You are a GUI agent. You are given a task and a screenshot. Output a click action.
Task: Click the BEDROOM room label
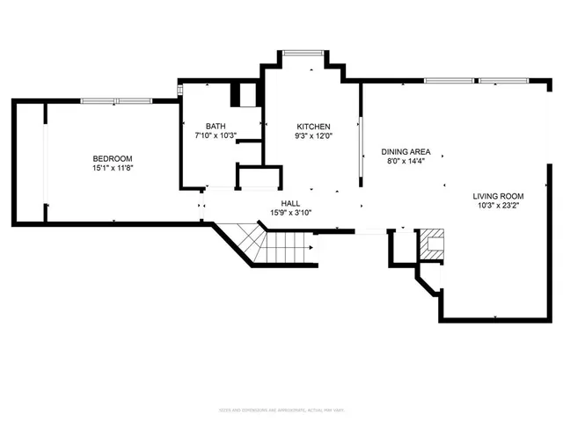(x=112, y=158)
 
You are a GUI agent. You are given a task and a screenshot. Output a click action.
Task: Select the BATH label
(x=216, y=126)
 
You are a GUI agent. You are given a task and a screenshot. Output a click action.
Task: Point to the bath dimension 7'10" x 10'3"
(x=216, y=135)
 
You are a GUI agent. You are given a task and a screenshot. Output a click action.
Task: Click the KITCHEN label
(x=312, y=126)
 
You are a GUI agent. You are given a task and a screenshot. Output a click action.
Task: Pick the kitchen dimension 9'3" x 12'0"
(x=312, y=135)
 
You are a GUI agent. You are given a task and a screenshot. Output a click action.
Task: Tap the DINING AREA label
(x=406, y=151)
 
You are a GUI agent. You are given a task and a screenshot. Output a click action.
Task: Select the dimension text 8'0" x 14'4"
(x=406, y=161)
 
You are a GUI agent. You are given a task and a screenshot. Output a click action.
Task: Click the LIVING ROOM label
(x=498, y=196)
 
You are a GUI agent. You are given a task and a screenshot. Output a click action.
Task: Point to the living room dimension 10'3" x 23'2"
(x=498, y=206)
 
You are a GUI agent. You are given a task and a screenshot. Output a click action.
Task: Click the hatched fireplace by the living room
(x=431, y=244)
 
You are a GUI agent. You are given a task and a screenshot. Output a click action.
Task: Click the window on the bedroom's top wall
(x=112, y=100)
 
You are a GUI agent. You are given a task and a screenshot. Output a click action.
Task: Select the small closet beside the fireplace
(x=400, y=246)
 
